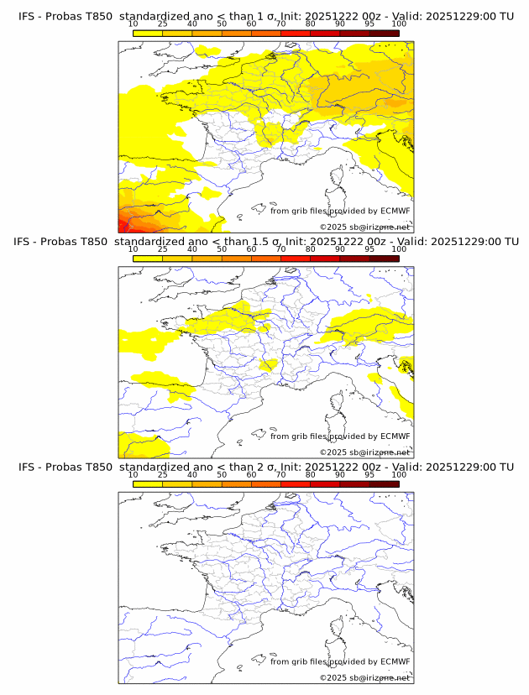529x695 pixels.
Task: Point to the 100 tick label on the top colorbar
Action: tap(399, 24)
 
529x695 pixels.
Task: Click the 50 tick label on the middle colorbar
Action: tap(222, 249)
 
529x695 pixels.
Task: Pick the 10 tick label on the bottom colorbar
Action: tap(133, 475)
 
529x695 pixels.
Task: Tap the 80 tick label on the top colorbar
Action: tap(311, 24)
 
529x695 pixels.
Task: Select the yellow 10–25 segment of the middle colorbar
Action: tap(148, 258)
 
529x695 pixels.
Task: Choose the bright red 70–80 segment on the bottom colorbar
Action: tap(296, 483)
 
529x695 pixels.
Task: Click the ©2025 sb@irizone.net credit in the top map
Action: tap(364, 227)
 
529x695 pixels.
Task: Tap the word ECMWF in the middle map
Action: tap(395, 436)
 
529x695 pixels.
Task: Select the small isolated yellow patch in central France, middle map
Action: tap(270, 363)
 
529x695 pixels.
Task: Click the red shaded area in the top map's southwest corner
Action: tap(124, 223)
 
